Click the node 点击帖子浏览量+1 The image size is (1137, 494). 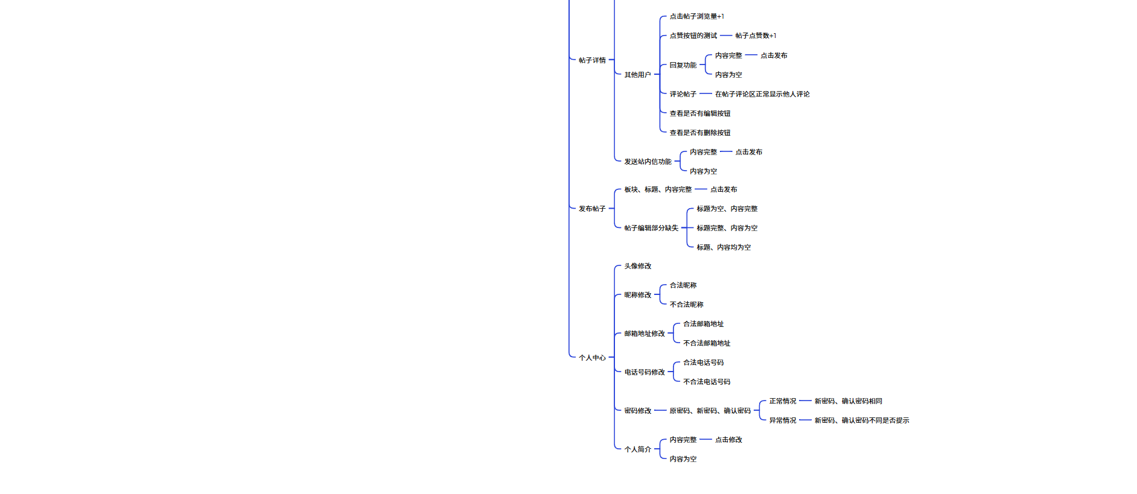click(x=696, y=17)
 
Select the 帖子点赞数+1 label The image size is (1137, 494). click(x=756, y=36)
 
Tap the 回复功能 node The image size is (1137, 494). click(x=683, y=65)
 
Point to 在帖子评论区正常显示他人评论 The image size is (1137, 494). click(x=762, y=94)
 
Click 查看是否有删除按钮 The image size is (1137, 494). click(x=699, y=133)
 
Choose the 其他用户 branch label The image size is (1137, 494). click(x=637, y=75)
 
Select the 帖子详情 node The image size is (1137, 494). click(x=592, y=60)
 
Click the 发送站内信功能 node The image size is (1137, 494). click(x=648, y=162)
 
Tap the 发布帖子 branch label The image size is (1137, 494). click(x=592, y=209)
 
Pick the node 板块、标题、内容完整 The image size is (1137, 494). click(x=658, y=189)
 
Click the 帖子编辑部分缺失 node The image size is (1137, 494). click(x=651, y=228)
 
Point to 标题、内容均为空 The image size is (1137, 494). click(x=724, y=247)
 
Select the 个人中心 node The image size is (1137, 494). click(x=592, y=358)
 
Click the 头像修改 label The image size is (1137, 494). click(x=637, y=266)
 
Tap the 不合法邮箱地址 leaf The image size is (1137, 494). click(x=707, y=343)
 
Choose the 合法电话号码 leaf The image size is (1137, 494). click(x=703, y=363)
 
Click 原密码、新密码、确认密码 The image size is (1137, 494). click(x=710, y=411)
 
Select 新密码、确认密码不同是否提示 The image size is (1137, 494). click(x=861, y=420)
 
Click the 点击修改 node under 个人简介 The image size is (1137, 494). click(x=728, y=440)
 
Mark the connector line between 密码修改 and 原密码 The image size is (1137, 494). click(x=660, y=411)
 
